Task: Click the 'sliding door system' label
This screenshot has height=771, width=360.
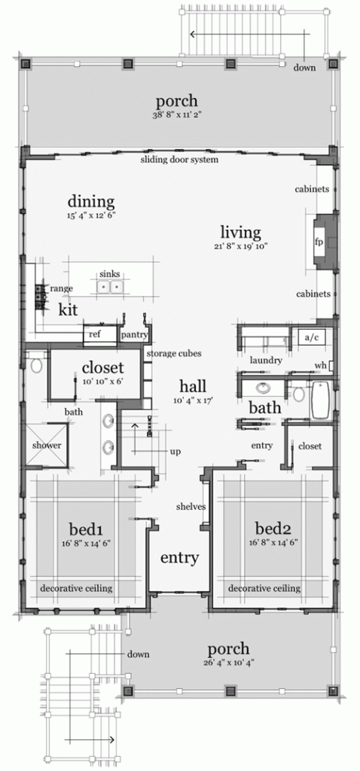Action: click(179, 160)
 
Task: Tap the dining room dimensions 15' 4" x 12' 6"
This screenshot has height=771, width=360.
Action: click(91, 215)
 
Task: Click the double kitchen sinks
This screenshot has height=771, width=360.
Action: click(110, 286)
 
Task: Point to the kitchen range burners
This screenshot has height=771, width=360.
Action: click(41, 297)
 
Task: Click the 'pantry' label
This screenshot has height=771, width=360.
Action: click(136, 335)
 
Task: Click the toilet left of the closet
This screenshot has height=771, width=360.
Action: click(35, 364)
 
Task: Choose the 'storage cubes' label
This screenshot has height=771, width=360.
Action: click(174, 353)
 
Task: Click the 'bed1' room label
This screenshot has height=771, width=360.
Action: click(85, 529)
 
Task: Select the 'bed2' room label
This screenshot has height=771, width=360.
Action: click(273, 529)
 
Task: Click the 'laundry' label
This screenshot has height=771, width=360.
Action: click(266, 361)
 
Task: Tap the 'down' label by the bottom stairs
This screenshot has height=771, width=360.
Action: click(138, 654)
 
